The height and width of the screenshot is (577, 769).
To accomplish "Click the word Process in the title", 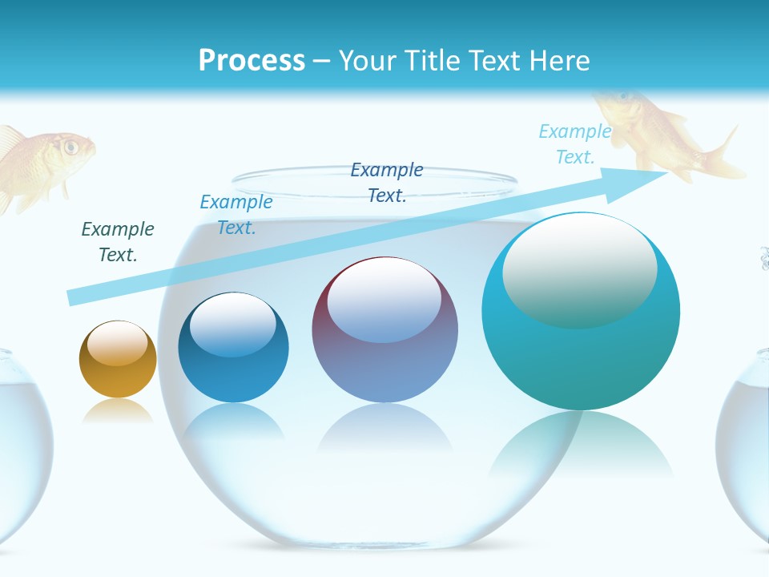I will (x=252, y=61).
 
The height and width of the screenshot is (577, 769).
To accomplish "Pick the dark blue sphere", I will (x=233, y=349).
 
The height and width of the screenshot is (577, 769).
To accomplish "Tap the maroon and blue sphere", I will (x=384, y=330).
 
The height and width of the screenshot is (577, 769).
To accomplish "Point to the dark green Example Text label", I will (x=118, y=242).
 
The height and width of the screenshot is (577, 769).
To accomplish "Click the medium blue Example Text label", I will (x=236, y=215).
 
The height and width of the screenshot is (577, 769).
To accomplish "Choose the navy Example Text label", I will (x=387, y=183).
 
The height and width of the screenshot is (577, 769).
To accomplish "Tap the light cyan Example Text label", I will (x=575, y=144).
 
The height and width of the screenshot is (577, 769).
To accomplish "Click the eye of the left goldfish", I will (x=70, y=147).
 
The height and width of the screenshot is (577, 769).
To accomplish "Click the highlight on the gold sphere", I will (x=118, y=343).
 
